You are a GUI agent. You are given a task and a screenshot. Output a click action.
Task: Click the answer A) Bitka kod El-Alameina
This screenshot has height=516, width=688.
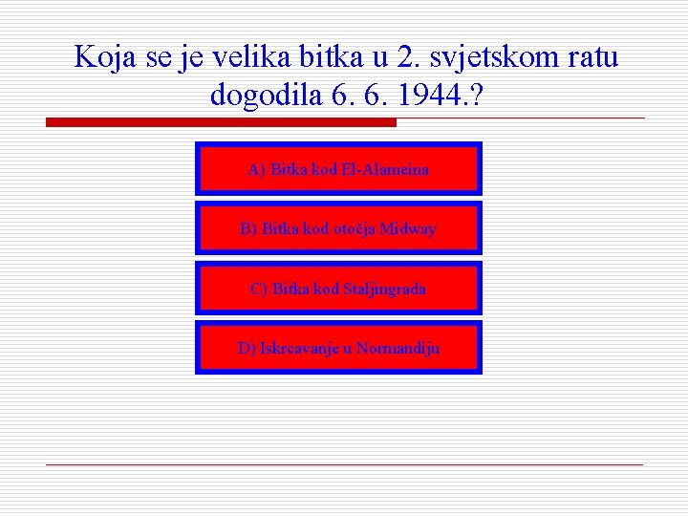pyautogui.click(x=338, y=169)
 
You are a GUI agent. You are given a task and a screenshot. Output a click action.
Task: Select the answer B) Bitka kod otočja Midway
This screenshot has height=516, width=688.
pyautogui.click(x=338, y=228)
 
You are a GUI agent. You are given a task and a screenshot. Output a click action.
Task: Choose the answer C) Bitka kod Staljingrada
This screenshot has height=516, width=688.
pyautogui.click(x=338, y=288)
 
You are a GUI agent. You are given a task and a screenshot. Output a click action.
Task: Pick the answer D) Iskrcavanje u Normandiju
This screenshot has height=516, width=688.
pyautogui.click(x=338, y=348)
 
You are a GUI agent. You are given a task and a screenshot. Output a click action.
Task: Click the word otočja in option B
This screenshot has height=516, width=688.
pyautogui.click(x=354, y=228)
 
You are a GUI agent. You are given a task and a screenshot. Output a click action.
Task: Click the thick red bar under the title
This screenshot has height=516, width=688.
pyautogui.click(x=221, y=122)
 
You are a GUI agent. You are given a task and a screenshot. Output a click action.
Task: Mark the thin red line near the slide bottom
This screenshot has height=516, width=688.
pyautogui.click(x=344, y=464)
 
